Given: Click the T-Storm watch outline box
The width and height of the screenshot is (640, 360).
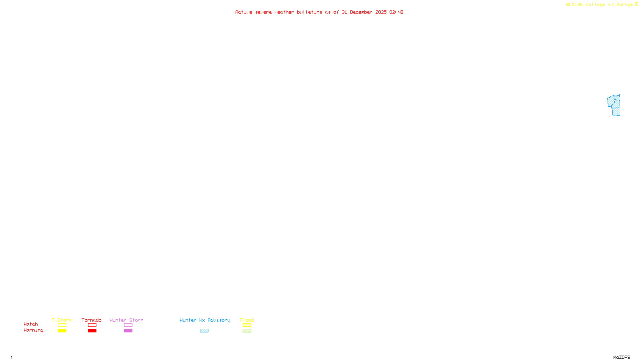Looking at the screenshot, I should [62, 325].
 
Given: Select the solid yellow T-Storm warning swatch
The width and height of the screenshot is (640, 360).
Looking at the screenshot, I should [62, 331].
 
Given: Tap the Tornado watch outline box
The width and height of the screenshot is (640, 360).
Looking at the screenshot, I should [92, 325].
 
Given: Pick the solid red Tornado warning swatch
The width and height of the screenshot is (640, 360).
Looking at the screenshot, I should [92, 331].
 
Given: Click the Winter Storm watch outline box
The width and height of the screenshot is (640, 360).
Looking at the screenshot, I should [128, 325].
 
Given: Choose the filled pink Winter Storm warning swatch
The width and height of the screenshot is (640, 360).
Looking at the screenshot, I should [128, 331].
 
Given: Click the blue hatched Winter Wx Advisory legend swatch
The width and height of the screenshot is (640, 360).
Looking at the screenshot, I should [204, 331].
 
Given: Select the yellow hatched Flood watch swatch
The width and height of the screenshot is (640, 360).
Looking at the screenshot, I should [247, 325].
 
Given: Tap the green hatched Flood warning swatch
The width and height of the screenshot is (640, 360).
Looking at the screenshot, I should [247, 331].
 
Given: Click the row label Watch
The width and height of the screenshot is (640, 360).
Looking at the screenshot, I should [31, 324].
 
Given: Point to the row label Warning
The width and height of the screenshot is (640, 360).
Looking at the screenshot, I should [33, 330].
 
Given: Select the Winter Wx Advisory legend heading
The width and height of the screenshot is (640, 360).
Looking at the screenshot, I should [205, 320].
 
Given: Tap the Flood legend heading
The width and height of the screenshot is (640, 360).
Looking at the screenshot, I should [247, 320].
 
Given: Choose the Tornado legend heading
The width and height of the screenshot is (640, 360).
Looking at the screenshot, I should [92, 320].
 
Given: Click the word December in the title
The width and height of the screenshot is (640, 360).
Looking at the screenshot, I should [361, 12].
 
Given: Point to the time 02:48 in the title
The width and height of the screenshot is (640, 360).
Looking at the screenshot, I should [396, 12].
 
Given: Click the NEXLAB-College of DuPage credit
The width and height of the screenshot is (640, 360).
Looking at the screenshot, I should [600, 4].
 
